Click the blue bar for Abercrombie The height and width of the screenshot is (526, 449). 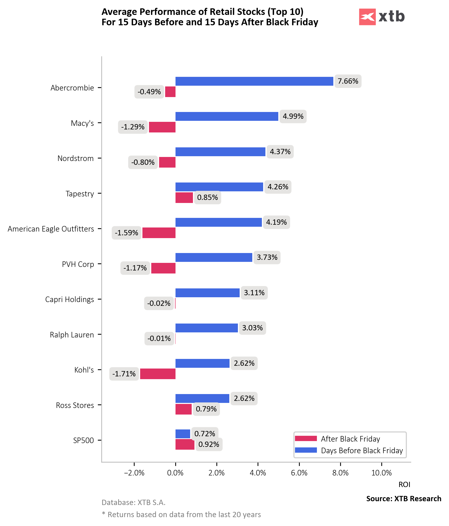pos(254,81)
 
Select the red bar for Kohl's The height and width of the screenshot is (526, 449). pos(158,374)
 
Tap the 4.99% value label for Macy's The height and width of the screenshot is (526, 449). pos(293,116)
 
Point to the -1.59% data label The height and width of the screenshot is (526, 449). pos(126,233)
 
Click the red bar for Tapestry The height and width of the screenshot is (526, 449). pos(184,197)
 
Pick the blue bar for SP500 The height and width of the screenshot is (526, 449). pos(183,434)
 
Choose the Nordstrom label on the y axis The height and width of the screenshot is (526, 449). pos(76,158)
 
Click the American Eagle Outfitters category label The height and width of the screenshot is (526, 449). pos(51,229)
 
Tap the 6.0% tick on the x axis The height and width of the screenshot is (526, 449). pos(299,473)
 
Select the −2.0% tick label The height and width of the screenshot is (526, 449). pos(134,473)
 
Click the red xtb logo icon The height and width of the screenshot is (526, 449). pos(367,17)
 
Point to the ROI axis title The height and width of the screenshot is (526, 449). pos(404,485)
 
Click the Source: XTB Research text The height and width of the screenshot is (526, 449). pos(404,499)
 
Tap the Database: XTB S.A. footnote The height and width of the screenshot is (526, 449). pos(133,502)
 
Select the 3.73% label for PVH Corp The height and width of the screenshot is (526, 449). pos(267,257)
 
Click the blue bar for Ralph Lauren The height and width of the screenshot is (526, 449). pos(207,328)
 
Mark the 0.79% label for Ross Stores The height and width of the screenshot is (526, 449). pos(206,409)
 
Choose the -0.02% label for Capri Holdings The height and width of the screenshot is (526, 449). pos(159,303)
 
